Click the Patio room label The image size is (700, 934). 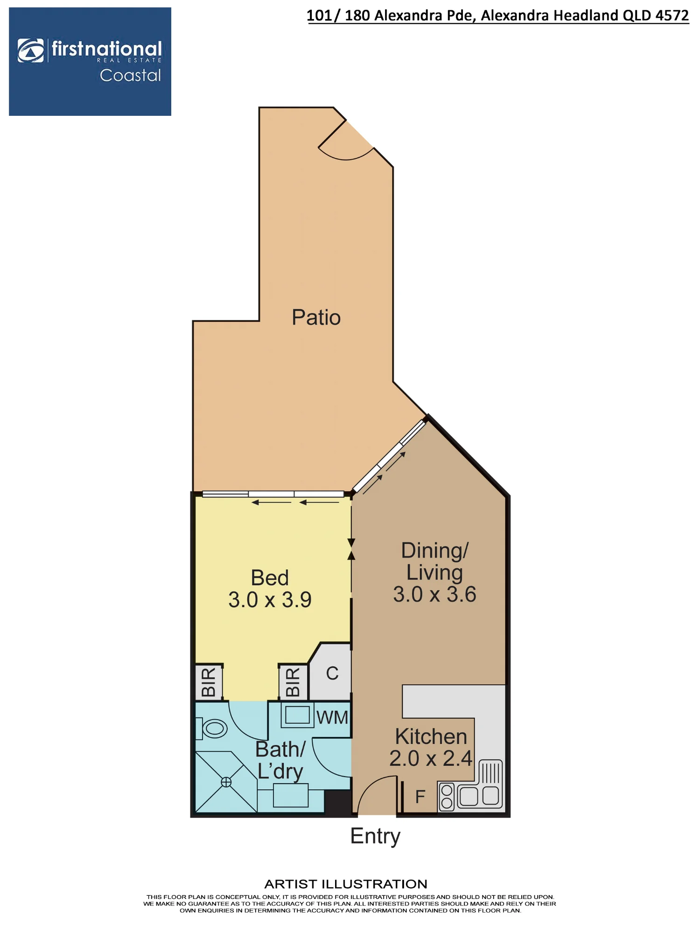point(316,318)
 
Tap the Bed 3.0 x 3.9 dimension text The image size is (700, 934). point(270,600)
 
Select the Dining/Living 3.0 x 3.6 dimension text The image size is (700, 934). point(434,594)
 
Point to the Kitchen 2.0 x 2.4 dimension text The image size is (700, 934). point(431,758)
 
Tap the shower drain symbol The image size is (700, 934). point(226,782)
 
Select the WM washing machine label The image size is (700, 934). point(332,717)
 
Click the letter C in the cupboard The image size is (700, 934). point(332,673)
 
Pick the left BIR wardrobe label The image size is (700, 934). point(209,682)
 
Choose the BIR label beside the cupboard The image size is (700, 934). point(293,682)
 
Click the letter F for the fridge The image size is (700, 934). point(420,797)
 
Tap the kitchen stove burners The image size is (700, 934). point(447,797)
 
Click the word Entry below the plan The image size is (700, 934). point(375,836)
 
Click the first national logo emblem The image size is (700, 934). point(31,50)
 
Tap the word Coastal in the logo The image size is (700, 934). point(130,76)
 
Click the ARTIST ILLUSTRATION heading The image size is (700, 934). point(346,884)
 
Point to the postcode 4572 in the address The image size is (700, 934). point(672,15)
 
